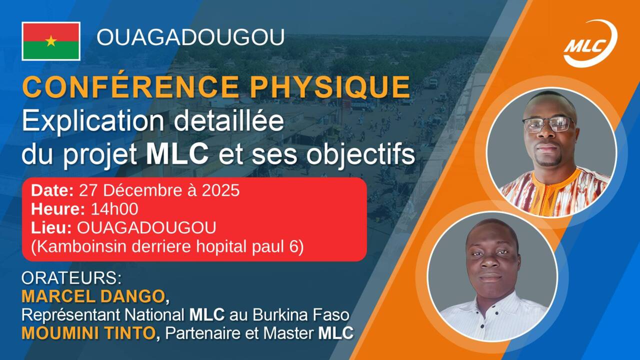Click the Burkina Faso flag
(x=51, y=41)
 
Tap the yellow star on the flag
(x=51, y=41)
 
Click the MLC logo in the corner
(x=590, y=44)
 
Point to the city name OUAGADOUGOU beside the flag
(x=190, y=37)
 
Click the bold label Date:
(x=52, y=190)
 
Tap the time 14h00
(x=114, y=209)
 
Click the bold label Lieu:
(x=51, y=228)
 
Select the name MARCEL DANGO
(x=93, y=296)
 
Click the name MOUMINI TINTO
(x=88, y=333)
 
